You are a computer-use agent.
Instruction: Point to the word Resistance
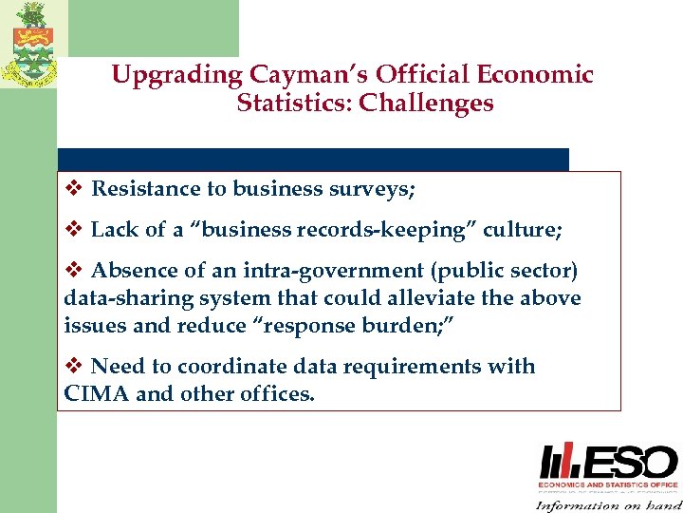[146, 190]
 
